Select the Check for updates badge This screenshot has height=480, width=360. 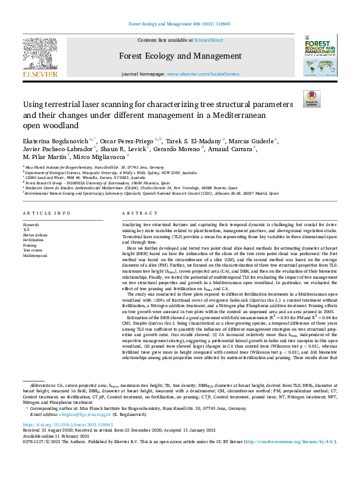coord(312,99)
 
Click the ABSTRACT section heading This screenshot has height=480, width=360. coord(136,214)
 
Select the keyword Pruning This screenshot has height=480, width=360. coord(30,245)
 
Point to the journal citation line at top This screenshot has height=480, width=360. coord(180,24)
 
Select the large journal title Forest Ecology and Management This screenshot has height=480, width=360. coord(180,59)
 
